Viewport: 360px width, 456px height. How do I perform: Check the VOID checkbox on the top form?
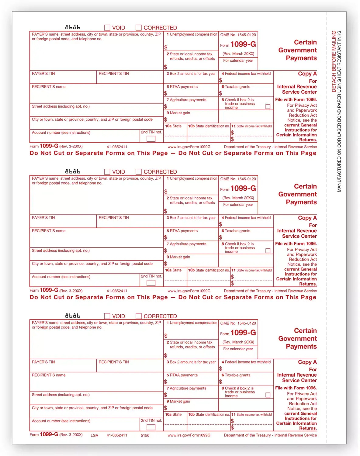click(107, 28)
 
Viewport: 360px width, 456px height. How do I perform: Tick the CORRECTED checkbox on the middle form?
click(139, 172)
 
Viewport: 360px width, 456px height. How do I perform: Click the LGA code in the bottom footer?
click(94, 435)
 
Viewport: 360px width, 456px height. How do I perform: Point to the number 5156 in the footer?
click(145, 435)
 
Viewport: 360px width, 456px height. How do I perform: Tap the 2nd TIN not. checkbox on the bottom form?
click(151, 427)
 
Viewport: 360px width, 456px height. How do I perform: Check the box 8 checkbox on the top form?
click(268, 107)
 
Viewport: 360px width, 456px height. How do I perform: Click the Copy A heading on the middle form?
click(307, 218)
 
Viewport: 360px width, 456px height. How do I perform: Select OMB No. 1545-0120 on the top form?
click(238, 35)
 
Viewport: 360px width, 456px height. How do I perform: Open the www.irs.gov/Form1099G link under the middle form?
click(189, 291)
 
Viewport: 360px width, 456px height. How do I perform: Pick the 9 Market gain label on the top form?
click(178, 113)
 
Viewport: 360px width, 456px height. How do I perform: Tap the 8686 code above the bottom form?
click(73, 316)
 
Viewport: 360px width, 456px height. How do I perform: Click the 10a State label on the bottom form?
click(173, 414)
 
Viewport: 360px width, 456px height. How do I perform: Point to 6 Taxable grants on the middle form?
click(236, 231)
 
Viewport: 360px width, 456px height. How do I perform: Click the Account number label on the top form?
click(61, 133)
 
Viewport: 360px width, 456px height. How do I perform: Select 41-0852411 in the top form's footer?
click(117, 147)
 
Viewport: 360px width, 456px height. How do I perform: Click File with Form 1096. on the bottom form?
click(296, 388)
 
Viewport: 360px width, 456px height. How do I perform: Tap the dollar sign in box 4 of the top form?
click(220, 80)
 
